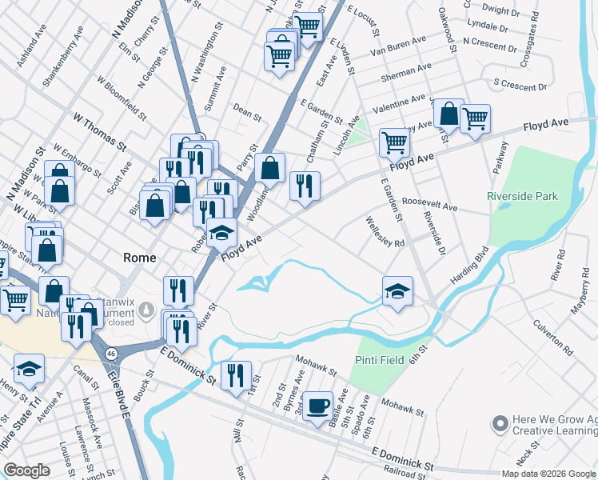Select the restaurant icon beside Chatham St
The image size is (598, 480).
pos(305,186)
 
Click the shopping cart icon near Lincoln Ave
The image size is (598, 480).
pos(394,142)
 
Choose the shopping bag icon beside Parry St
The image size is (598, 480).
pos(271,168)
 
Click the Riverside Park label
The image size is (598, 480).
pos(522,196)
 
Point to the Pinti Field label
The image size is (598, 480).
pos(380,360)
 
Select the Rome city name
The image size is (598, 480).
pos(139,258)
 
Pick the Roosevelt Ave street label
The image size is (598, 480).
pos(429,204)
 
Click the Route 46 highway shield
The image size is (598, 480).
pos(111,352)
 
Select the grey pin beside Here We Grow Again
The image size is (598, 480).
pos(501,422)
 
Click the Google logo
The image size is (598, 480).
pos(27,470)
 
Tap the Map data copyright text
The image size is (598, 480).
pos(548,474)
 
